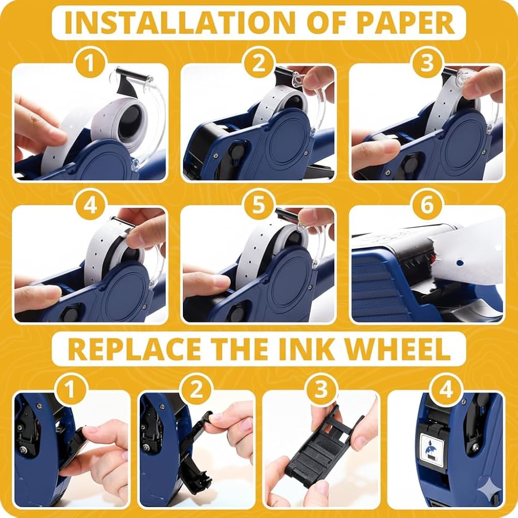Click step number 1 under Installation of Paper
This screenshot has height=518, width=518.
(90, 63)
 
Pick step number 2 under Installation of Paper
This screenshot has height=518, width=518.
(258, 63)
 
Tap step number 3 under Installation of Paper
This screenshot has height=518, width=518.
(427, 63)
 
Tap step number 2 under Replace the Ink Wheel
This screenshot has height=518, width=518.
(196, 389)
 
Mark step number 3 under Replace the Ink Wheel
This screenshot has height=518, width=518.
(321, 389)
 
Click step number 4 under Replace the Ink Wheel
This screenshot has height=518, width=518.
(447, 389)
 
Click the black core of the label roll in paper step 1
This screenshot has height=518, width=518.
(130, 121)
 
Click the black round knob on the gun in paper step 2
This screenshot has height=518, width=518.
(237, 152)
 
